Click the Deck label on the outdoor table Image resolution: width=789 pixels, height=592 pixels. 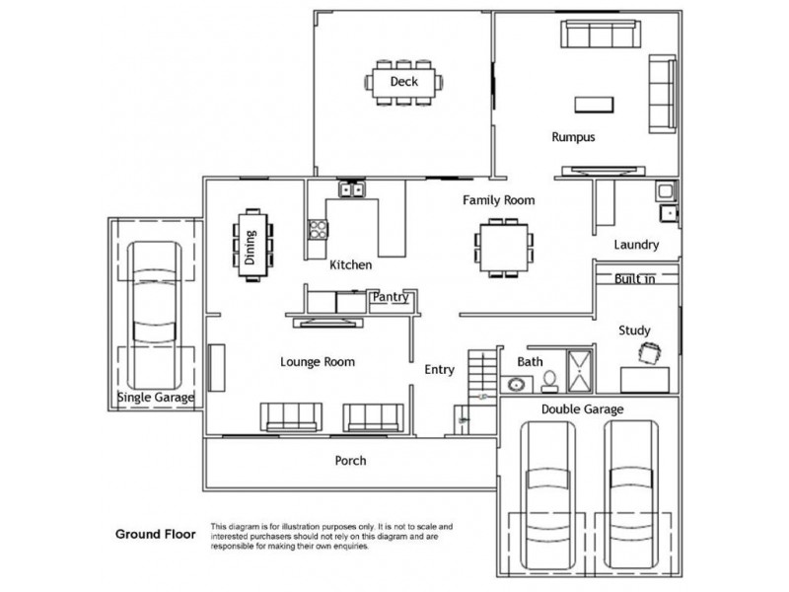pyautogui.click(x=404, y=81)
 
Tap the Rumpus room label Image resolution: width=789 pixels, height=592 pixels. pyautogui.click(x=573, y=137)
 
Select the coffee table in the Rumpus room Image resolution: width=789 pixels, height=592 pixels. pyautogui.click(x=594, y=105)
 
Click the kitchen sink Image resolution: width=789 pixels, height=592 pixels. pyautogui.click(x=352, y=189)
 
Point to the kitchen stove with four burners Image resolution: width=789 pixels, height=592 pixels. pyautogui.click(x=318, y=229)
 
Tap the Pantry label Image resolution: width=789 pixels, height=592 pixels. pyautogui.click(x=390, y=297)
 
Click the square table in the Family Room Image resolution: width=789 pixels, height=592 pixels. pyautogui.click(x=504, y=248)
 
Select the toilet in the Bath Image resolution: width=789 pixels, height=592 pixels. pyautogui.click(x=549, y=382)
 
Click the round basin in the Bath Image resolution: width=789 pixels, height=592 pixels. pyautogui.click(x=516, y=385)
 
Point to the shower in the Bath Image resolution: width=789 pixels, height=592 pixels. pyautogui.click(x=580, y=372)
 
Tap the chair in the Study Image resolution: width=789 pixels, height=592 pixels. pyautogui.click(x=650, y=352)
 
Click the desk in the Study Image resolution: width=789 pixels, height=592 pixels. pyautogui.click(x=645, y=380)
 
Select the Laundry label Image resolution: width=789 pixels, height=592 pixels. pyautogui.click(x=636, y=245)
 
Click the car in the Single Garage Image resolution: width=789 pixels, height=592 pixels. pyautogui.click(x=155, y=316)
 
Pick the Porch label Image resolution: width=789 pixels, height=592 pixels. pyautogui.click(x=351, y=461)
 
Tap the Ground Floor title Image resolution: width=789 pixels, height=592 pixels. pyautogui.click(x=156, y=534)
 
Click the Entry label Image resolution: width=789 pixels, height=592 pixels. pyautogui.click(x=439, y=370)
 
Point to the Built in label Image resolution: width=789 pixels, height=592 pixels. pyautogui.click(x=634, y=279)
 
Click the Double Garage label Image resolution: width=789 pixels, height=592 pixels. pyautogui.click(x=582, y=409)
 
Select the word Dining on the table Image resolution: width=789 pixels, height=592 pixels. pyautogui.click(x=251, y=248)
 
